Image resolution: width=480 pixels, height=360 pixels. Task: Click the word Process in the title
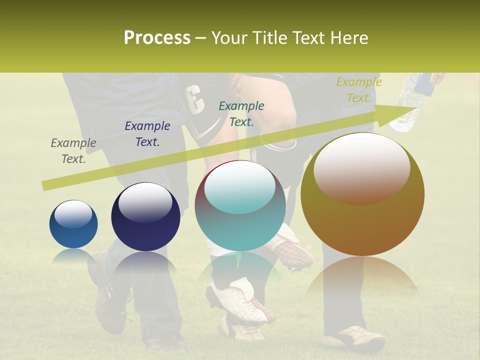point(157,38)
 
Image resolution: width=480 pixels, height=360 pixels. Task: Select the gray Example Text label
point(73,151)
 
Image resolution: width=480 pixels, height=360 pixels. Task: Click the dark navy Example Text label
point(147,134)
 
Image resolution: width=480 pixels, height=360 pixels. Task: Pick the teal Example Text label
point(241,113)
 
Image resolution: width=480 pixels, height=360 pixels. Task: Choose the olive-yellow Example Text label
point(358,90)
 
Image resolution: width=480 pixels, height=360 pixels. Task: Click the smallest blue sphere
point(73,224)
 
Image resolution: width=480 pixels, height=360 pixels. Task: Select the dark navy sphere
point(145,217)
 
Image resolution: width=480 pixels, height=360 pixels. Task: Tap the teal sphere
point(240,206)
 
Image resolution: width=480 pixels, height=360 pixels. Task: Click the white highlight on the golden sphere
point(362,167)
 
